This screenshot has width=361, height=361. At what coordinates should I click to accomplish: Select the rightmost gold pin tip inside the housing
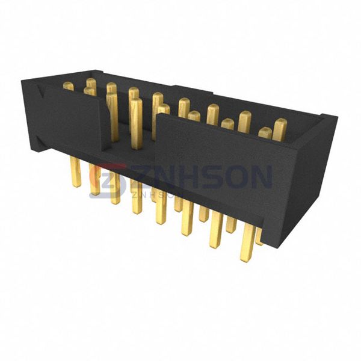280,128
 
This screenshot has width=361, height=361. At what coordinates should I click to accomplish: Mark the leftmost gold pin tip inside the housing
68,87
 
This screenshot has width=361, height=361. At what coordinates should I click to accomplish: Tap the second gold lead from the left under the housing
94,184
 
